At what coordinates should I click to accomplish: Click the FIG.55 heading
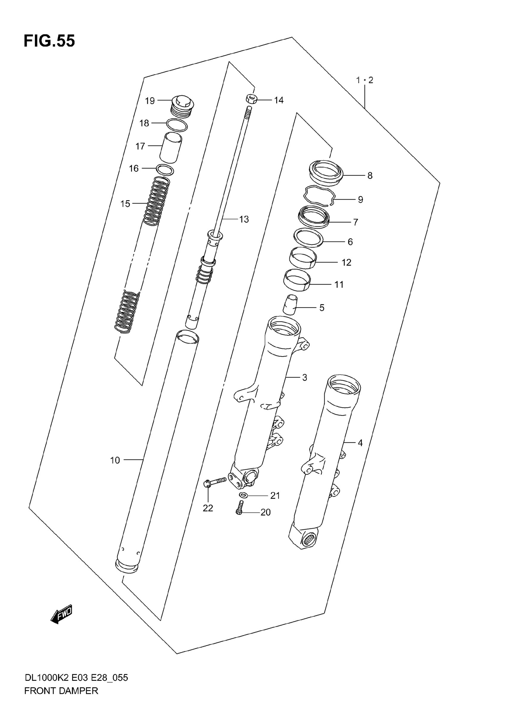click(49, 41)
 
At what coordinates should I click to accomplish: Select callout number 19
click(150, 101)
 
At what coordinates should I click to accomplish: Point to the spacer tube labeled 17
click(171, 147)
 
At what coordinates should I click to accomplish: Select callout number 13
click(244, 220)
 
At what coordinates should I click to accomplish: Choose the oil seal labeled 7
click(314, 217)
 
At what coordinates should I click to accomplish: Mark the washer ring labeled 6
click(308, 238)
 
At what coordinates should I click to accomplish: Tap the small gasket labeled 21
click(243, 495)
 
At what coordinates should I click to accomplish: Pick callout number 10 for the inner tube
click(115, 460)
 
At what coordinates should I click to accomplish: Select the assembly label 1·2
click(365, 80)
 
